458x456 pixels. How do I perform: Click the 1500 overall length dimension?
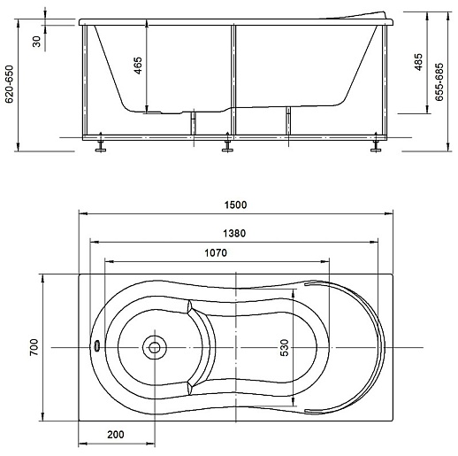[x=235, y=205]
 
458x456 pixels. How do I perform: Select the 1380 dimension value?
[x=234, y=234]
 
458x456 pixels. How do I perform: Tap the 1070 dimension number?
[x=216, y=253]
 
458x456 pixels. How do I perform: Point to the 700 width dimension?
[x=34, y=347]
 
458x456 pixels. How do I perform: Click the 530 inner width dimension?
[x=285, y=347]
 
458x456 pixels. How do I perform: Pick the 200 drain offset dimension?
[x=116, y=435]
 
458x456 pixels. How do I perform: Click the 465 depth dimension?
[x=138, y=66]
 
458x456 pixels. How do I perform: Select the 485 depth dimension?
[x=418, y=62]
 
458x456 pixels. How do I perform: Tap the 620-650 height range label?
[x=10, y=84]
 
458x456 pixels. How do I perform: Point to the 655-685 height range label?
[x=439, y=82]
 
